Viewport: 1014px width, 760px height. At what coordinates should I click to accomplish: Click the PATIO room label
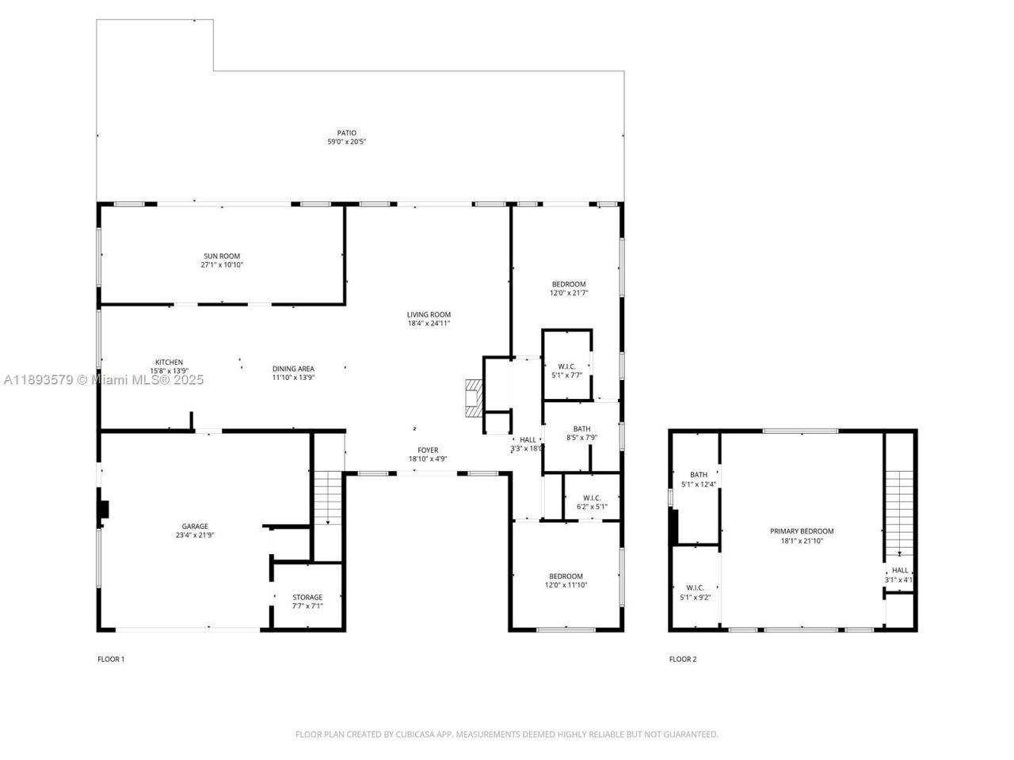coord(347,133)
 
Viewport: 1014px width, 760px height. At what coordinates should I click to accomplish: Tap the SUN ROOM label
coord(222,256)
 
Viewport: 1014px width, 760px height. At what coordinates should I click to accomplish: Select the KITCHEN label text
coord(169,362)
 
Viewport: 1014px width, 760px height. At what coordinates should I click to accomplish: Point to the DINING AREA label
coord(293,368)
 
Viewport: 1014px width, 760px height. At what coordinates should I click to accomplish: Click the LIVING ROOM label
coord(429,314)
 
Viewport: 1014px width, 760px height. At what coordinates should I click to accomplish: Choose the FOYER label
coord(428,450)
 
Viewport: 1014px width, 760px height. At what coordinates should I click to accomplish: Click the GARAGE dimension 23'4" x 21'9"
coord(195,535)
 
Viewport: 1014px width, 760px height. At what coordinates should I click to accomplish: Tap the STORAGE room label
coord(307,597)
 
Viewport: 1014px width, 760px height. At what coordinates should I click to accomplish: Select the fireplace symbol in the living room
coord(473,397)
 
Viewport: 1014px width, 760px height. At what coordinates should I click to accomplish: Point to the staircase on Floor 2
coord(899,511)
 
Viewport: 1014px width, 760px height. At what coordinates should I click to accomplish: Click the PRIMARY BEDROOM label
coord(802,531)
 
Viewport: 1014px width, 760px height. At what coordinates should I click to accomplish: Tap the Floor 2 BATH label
coord(699,474)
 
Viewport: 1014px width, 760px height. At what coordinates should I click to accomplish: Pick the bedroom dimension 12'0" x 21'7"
coord(569,293)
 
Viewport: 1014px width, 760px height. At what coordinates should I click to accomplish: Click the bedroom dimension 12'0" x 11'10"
coord(566,585)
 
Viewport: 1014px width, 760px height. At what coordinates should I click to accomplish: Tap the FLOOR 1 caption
coord(111,659)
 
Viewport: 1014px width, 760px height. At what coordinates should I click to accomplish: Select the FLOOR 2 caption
coord(683,659)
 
